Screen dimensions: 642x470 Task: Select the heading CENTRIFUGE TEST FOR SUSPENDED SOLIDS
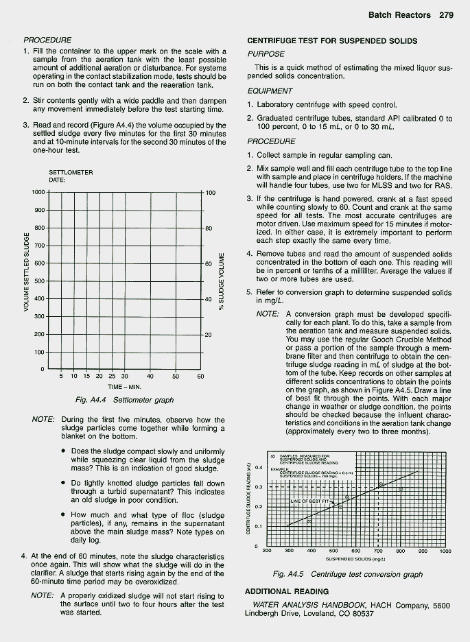[332, 40]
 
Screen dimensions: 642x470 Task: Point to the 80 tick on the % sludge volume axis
[209, 228]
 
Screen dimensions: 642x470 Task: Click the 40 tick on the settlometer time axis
[150, 376]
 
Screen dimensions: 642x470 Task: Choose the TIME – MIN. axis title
[124, 387]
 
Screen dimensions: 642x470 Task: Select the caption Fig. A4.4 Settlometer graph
[124, 400]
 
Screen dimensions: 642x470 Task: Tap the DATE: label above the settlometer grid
[58, 180]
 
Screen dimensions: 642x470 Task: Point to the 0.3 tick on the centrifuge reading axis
[259, 486]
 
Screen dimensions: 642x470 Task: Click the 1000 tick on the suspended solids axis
[445, 551]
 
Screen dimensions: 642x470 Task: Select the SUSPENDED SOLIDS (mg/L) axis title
[355, 559]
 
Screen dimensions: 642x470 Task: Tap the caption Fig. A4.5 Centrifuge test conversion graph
[347, 574]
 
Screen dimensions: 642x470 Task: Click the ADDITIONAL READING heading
[287, 591]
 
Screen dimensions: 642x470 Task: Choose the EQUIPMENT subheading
[270, 91]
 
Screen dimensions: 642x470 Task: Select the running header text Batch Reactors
[399, 14]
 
